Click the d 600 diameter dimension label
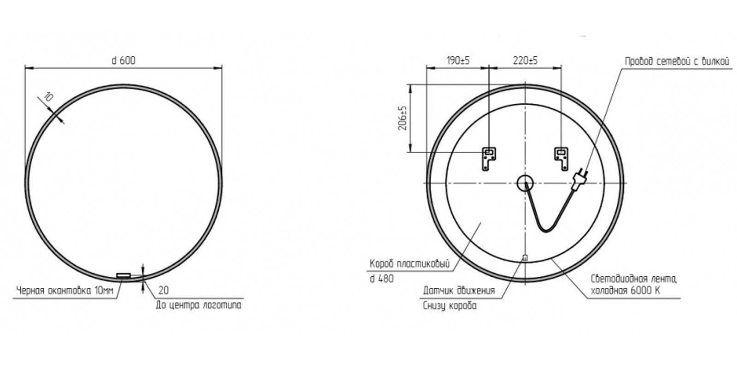pos(124,60)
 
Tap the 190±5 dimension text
pos(458,60)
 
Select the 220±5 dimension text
pos(525,60)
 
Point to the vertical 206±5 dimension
pos(403,118)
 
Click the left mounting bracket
pos(489,159)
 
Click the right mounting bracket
pos(562,159)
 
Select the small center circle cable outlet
pos(525,183)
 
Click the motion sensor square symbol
pos(525,258)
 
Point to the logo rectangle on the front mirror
pos(124,275)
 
